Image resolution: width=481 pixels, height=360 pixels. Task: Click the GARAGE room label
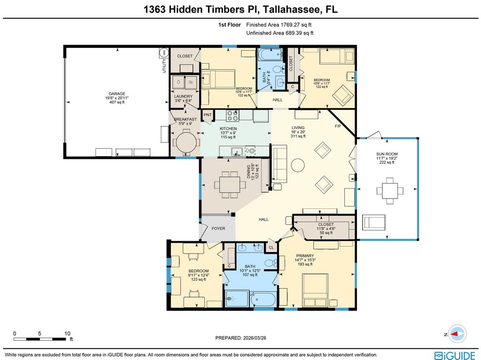(117, 94)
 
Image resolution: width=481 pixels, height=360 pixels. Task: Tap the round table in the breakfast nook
(185, 142)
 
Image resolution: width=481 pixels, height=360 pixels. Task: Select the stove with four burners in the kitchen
(232, 115)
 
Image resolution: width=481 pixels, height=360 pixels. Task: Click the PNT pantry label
(208, 115)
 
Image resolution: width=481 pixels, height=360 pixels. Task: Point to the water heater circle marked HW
(164, 53)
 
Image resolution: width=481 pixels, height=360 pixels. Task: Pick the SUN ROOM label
(387, 154)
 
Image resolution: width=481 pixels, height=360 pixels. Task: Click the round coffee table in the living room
(297, 165)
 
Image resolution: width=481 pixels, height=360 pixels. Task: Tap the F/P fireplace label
(338, 126)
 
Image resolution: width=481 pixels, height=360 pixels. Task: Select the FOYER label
(218, 229)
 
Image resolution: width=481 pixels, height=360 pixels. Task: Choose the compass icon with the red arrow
(458, 334)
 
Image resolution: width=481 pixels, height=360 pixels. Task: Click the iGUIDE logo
(455, 356)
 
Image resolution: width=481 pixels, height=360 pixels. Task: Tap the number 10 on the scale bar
(67, 333)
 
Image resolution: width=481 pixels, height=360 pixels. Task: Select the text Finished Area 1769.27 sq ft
(279, 25)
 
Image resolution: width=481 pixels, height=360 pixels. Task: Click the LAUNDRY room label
(183, 96)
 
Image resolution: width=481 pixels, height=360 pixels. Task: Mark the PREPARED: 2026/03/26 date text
(241, 338)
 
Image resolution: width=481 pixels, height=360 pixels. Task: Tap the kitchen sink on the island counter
(237, 151)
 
